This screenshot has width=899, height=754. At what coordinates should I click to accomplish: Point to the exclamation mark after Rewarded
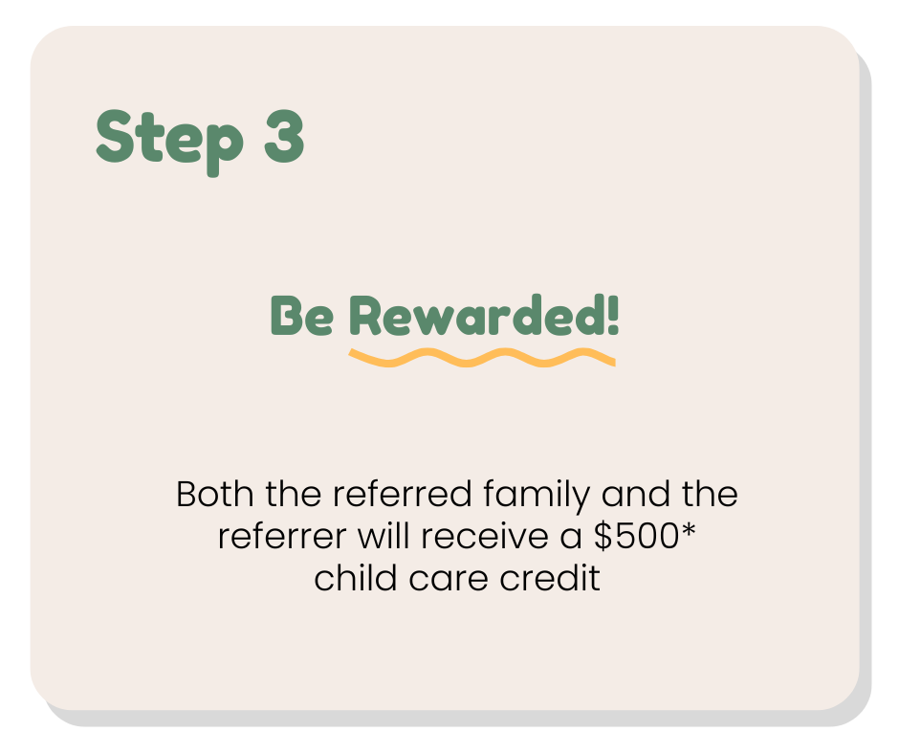coord(613,315)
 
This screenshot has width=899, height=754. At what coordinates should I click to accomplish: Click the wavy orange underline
coord(481,358)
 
